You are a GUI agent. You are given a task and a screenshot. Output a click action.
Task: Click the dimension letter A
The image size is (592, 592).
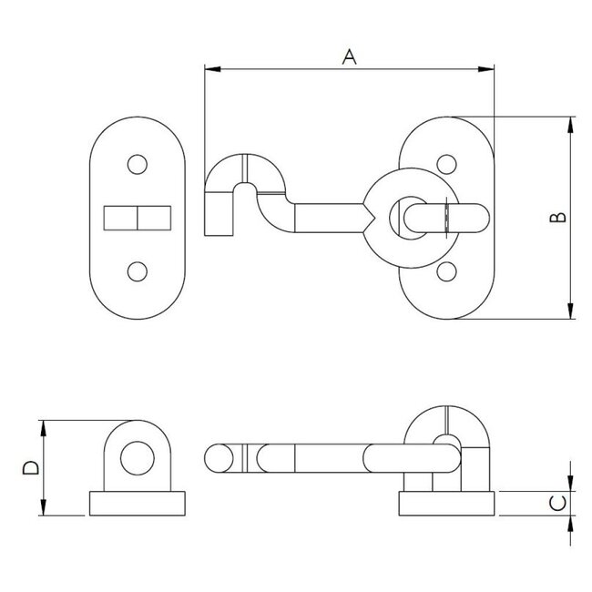click(x=348, y=56)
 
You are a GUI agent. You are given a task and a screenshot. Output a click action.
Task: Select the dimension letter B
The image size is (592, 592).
click(x=560, y=217)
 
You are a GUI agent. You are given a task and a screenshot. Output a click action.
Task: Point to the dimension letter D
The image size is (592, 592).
click(x=30, y=467)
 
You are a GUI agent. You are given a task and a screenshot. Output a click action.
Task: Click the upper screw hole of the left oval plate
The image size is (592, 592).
click(x=137, y=164)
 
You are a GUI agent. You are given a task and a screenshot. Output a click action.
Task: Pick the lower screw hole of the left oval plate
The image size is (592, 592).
click(x=137, y=270)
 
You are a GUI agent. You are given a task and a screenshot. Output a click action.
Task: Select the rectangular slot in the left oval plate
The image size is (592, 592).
click(x=137, y=219)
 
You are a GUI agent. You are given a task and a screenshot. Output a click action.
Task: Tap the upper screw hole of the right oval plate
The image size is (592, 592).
click(x=446, y=165)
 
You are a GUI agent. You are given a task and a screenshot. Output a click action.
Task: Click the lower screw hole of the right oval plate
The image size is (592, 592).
click(x=446, y=270)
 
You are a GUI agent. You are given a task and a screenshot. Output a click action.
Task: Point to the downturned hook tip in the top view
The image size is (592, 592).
click(x=219, y=217)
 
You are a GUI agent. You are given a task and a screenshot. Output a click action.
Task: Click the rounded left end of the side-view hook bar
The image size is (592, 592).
click(x=214, y=457)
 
